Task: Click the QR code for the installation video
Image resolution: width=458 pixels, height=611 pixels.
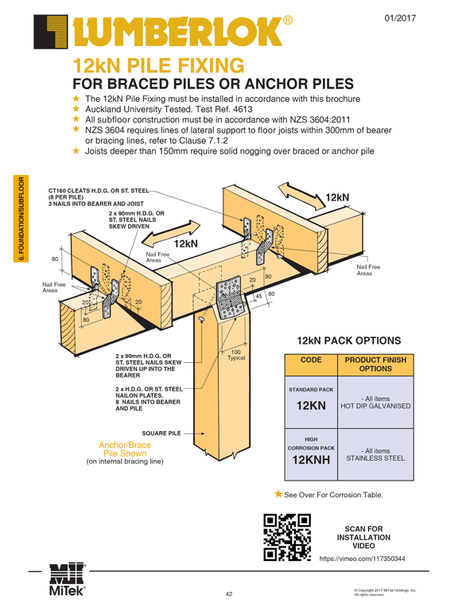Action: click(x=287, y=537)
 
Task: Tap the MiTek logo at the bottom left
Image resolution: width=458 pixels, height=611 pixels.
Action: click(x=68, y=579)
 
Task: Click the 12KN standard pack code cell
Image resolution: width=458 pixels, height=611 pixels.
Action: click(x=311, y=402)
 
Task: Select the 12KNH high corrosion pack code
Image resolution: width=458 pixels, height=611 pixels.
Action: click(x=311, y=454)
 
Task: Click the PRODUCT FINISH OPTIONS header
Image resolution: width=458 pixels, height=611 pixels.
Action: click(x=375, y=364)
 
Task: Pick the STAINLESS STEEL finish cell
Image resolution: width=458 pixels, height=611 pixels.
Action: click(x=375, y=454)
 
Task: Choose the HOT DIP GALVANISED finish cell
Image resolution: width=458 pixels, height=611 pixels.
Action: click(x=375, y=402)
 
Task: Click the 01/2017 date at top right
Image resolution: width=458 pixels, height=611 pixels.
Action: click(x=400, y=18)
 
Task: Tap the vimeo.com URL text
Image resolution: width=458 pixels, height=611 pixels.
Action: click(x=363, y=558)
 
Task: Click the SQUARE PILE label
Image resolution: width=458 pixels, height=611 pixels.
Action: click(x=161, y=434)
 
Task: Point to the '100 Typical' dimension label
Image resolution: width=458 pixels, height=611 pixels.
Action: click(x=236, y=355)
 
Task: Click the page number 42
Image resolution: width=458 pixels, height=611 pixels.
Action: click(x=229, y=594)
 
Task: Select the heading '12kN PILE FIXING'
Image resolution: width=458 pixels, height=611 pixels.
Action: click(x=158, y=65)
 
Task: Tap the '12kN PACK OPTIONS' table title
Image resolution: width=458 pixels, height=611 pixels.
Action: click(x=349, y=341)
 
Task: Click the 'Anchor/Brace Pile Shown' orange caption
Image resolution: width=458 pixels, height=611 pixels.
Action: click(x=125, y=449)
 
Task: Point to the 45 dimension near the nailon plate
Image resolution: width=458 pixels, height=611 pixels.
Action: click(x=258, y=296)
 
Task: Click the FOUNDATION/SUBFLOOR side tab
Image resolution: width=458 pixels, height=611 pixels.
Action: click(x=21, y=219)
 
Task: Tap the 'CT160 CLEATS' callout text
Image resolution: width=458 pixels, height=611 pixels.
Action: click(x=99, y=197)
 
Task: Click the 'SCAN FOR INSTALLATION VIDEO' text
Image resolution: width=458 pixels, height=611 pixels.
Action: click(x=363, y=537)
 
